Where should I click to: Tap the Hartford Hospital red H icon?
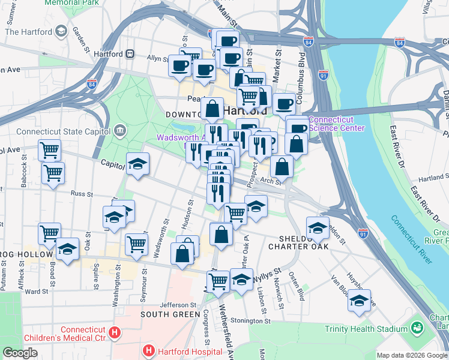coord(148,349)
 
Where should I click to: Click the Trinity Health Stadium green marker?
coord(416,328)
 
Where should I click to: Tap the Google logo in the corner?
coord(20,353)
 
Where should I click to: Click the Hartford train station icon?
coord(129,53)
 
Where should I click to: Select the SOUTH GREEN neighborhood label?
coord(170,314)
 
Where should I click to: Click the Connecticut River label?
coord(412,236)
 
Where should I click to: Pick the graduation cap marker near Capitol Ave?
coord(137,164)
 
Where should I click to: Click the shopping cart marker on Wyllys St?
coord(218,280)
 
